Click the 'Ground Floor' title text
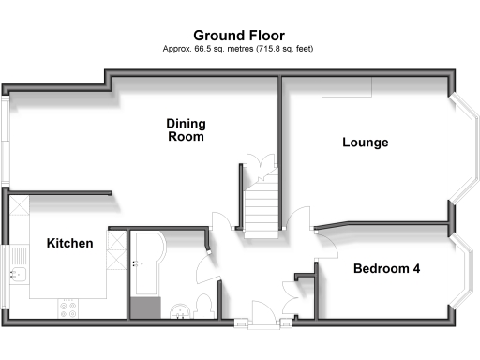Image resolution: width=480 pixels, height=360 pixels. (238, 35)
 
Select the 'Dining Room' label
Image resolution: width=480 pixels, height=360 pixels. (185, 130)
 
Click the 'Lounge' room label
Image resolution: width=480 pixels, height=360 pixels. (365, 142)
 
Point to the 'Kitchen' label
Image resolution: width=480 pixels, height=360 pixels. (69, 244)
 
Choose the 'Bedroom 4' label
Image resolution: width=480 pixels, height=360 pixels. (386, 269)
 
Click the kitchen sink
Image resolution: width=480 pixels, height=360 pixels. (19, 275)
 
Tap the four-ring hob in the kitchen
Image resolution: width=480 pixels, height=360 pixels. (69, 306)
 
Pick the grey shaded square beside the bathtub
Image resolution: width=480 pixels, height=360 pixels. (145, 308)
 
